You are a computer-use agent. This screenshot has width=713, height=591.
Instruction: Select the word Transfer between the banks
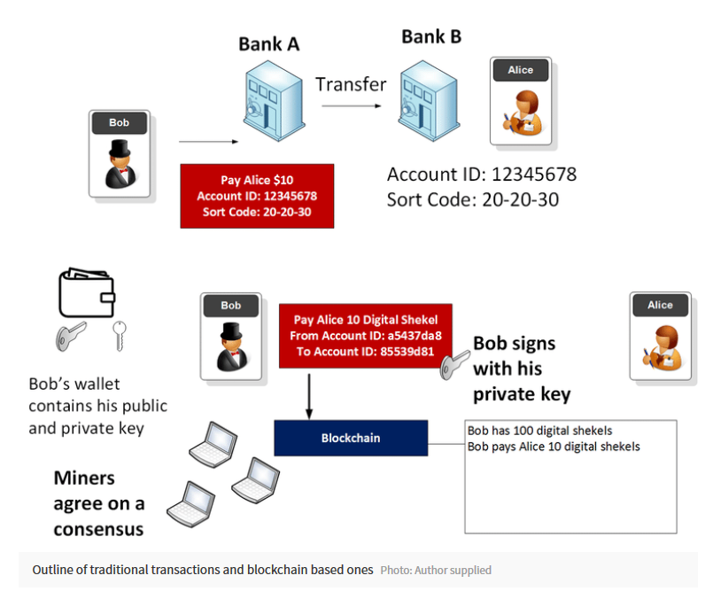pos(351,84)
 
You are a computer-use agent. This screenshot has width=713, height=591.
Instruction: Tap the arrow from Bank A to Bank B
pos(351,105)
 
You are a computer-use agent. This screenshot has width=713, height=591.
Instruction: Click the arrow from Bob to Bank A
pos(209,140)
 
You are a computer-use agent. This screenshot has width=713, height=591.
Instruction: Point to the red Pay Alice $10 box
pos(257,196)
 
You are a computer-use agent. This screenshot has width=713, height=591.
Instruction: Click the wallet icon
pos(87,292)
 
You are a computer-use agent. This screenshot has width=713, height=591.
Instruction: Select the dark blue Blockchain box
pos(351,438)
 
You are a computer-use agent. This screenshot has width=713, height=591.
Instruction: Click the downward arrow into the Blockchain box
pos(309,393)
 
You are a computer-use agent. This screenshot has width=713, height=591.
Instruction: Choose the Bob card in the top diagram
pos(120,153)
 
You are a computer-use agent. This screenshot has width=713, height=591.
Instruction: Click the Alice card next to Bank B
pos(521,101)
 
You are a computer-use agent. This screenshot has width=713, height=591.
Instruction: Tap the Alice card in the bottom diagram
pos(660,335)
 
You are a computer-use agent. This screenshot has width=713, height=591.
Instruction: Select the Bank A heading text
pos(268,43)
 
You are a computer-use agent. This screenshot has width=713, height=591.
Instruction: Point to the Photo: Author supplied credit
pos(436,570)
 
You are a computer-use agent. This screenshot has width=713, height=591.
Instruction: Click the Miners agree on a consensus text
pos(99,503)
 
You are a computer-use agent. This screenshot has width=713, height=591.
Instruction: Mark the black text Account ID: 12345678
pos(482,174)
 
